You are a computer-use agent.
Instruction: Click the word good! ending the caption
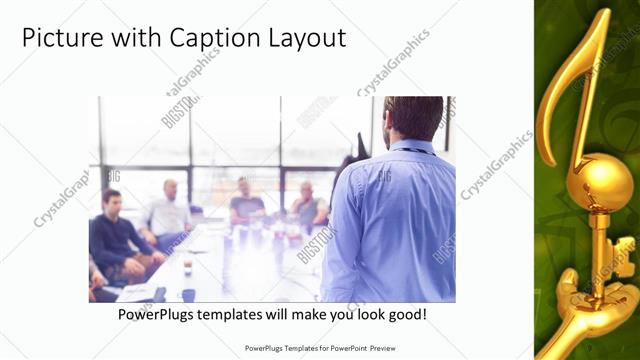406,314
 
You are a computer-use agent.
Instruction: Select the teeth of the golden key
623,251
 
